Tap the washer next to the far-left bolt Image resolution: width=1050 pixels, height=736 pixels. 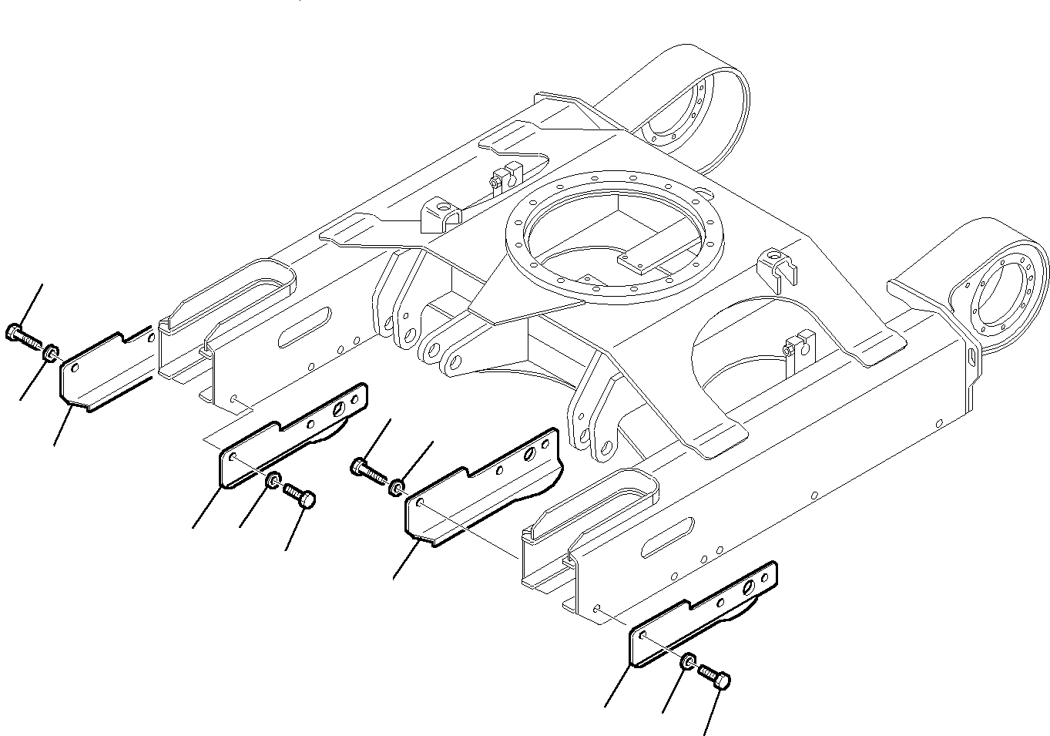click(49, 353)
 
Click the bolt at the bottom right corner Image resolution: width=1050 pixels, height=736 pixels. click(715, 678)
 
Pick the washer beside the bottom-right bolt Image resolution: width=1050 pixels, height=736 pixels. click(688, 662)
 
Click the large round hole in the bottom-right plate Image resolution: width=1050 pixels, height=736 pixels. click(747, 590)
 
